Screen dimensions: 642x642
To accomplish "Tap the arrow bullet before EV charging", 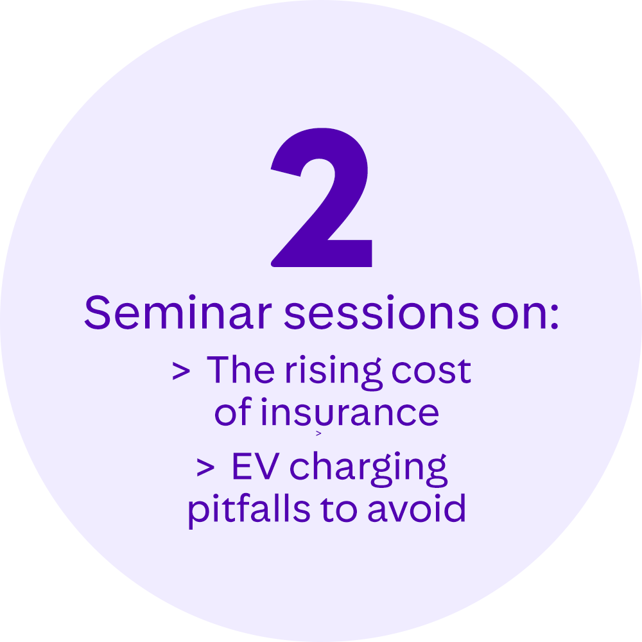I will [x=205, y=468].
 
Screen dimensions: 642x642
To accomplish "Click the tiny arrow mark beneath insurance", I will [x=318, y=434].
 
